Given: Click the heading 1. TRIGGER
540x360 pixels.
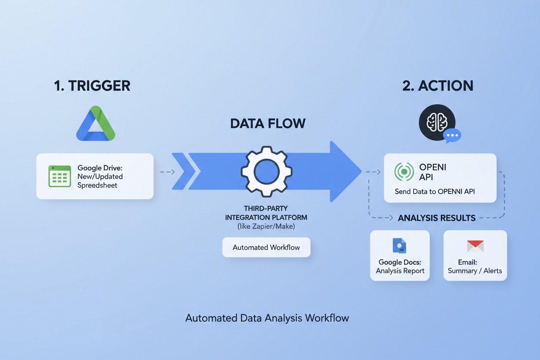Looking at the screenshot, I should tap(92, 85).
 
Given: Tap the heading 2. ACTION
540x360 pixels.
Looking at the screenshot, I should tap(437, 85).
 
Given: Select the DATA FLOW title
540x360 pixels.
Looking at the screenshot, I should tap(267, 123).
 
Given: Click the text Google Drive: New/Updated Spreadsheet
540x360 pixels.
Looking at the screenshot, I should tap(100, 176).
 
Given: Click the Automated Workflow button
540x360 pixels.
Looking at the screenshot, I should tap(266, 247).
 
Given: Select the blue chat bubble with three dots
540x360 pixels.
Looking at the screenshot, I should tap(452, 135).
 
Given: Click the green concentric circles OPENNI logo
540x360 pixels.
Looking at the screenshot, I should tap(404, 171).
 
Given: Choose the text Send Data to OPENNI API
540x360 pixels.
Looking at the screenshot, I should tap(434, 191).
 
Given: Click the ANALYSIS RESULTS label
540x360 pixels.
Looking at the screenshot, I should tap(437, 218).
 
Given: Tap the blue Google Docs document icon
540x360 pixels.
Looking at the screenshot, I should tap(399, 245).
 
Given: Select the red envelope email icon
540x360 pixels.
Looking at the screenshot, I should tap(475, 246).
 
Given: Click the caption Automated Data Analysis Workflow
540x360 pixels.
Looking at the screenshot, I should tap(267, 318).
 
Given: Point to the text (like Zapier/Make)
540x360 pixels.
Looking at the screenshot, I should tap(266, 226).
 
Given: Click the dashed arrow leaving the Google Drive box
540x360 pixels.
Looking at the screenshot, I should tap(167, 172).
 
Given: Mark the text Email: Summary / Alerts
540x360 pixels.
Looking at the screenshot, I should tap(475, 267).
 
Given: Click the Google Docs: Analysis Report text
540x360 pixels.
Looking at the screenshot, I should tap(400, 267).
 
